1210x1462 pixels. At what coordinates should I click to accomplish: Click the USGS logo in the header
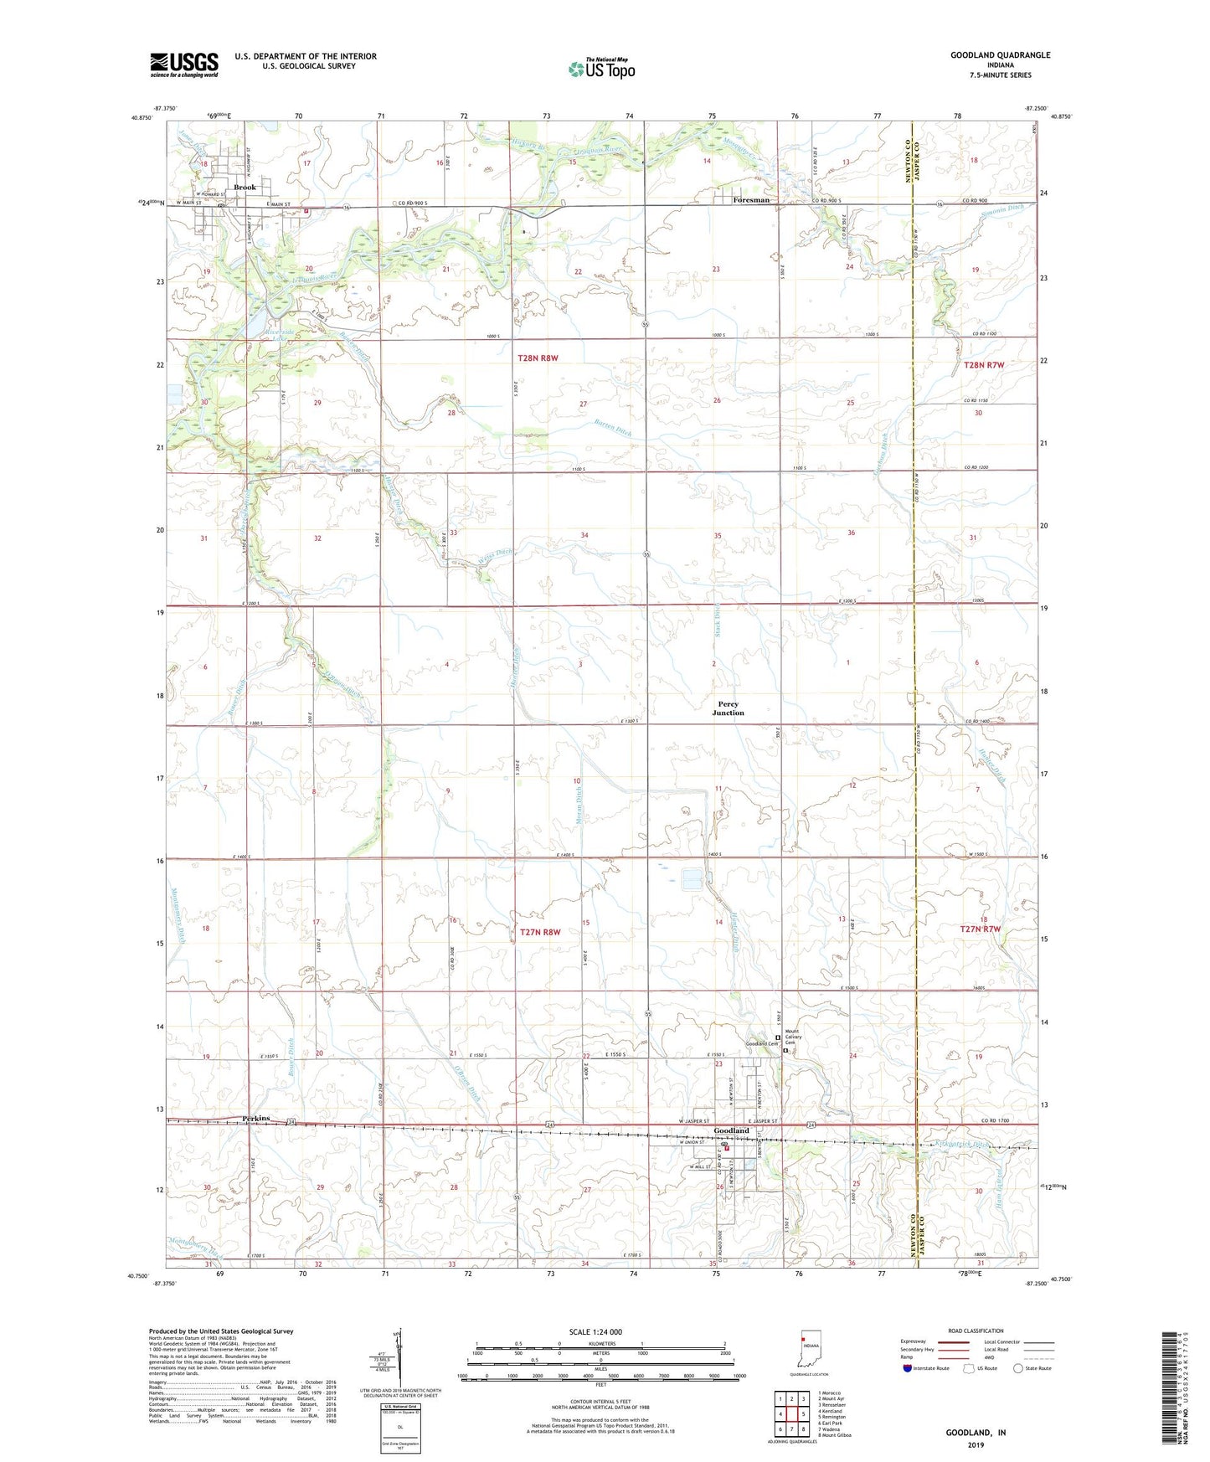(183, 64)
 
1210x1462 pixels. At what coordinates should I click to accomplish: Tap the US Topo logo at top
(600, 69)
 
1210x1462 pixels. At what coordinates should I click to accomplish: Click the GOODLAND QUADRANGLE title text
(1000, 55)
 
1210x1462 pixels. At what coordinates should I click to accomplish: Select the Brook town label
(245, 188)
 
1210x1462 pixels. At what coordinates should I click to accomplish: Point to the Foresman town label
(751, 200)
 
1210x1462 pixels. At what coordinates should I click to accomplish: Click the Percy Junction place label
(728, 708)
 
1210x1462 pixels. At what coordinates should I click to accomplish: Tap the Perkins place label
(258, 1118)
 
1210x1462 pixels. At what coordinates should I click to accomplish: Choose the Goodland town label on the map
(731, 1130)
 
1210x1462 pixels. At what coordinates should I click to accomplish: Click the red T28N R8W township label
(538, 358)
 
